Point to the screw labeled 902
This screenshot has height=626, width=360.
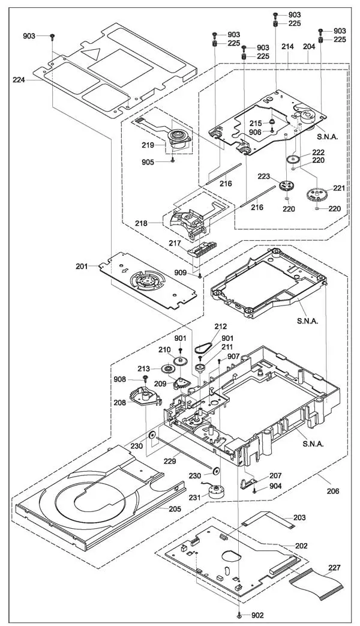click(239, 615)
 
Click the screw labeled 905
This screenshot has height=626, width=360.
click(173, 160)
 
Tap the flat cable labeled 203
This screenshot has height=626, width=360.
click(266, 519)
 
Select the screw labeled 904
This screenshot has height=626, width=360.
click(256, 492)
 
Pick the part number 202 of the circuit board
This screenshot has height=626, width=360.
click(301, 546)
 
